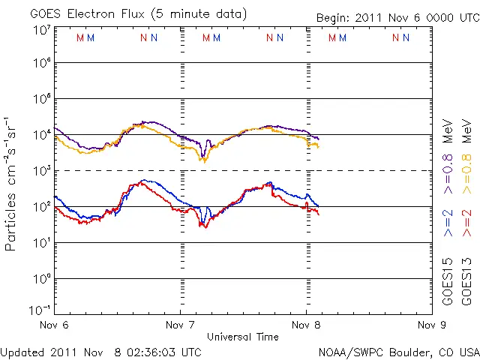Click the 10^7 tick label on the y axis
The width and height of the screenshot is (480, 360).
[x=42, y=30]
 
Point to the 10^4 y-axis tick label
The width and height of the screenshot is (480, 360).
[x=42, y=134]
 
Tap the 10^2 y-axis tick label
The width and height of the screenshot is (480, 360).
[x=42, y=206]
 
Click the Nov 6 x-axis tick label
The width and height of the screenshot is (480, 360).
[x=55, y=325]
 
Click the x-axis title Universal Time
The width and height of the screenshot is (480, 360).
[x=243, y=337]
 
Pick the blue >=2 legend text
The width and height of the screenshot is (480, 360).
[x=448, y=224]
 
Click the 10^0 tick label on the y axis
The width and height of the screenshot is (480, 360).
[x=42, y=278]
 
